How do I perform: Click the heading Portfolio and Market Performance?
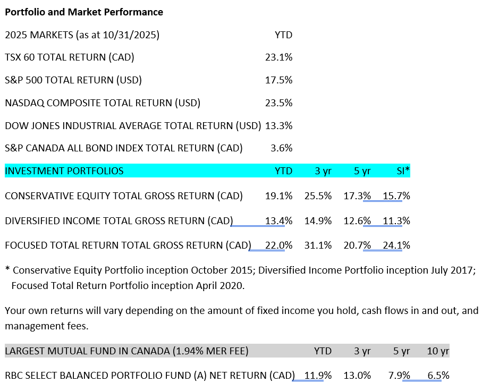coord(84,12)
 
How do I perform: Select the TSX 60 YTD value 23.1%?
coord(278,57)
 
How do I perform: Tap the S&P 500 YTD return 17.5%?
coord(278,80)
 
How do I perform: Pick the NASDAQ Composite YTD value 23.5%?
coord(278,103)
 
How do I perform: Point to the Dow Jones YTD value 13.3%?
coord(278,126)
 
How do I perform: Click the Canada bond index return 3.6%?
coord(281,148)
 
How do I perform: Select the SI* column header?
coord(403,171)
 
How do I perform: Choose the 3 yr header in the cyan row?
coord(323,171)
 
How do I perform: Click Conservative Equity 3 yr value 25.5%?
coord(318,196)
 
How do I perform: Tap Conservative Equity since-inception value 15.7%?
coord(396,196)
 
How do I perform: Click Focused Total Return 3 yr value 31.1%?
coord(318,245)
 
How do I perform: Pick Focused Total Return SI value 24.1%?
coord(396,245)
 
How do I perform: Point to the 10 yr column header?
coord(438,351)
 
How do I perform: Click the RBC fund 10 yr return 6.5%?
coord(438,376)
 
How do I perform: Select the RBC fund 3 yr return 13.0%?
coord(357,376)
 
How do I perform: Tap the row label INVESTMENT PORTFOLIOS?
coord(64,171)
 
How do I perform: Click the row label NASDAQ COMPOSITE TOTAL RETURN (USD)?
coord(103,103)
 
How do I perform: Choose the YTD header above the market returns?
coord(283,35)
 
